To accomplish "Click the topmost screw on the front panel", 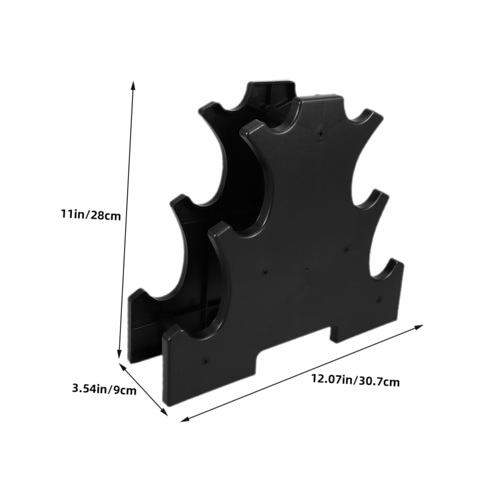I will click(x=320, y=134).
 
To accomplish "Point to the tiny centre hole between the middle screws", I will click(x=306, y=269).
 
